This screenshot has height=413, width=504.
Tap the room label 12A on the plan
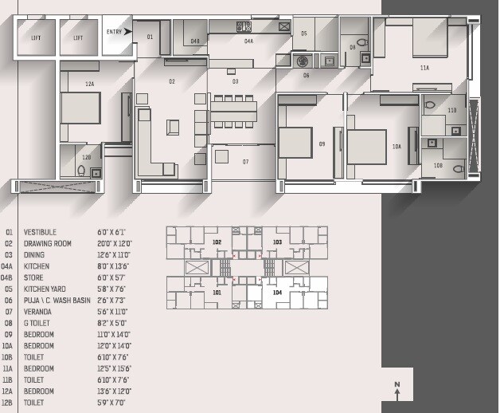(x=89, y=83)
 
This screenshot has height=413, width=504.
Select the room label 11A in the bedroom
(x=424, y=69)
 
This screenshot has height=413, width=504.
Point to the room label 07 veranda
(x=246, y=162)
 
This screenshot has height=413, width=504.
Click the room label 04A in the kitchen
(x=248, y=41)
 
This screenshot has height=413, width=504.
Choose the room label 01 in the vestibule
(x=150, y=37)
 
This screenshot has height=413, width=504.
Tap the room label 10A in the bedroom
(x=397, y=147)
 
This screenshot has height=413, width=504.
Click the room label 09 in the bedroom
(x=322, y=144)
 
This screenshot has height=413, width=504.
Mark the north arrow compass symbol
(x=397, y=389)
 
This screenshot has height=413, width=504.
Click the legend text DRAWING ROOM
(x=47, y=243)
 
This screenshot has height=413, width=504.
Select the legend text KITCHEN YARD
(x=45, y=289)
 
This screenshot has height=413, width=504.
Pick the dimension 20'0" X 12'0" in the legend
(x=115, y=243)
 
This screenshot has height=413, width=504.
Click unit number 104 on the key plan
(x=276, y=293)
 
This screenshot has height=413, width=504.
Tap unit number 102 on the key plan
(x=217, y=242)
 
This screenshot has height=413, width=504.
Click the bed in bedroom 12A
(x=80, y=108)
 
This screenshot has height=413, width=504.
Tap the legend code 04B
(x=9, y=277)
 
